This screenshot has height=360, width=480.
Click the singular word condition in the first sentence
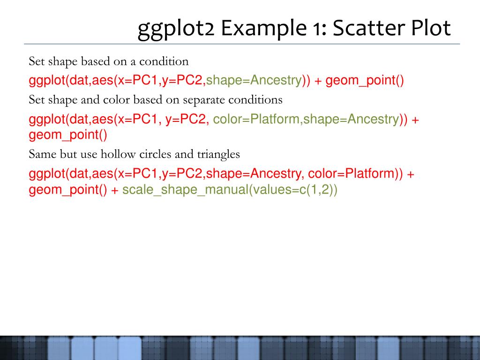[x=164, y=61]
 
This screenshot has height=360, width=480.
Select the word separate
[x=204, y=100]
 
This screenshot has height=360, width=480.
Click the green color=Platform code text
[x=255, y=119]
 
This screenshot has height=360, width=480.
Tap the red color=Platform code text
[x=351, y=173]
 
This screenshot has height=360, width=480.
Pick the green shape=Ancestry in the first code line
[x=254, y=81]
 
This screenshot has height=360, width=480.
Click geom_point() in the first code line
[x=365, y=81]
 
